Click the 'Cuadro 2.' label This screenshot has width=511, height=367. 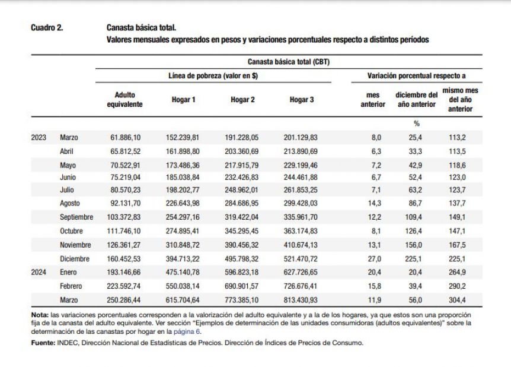47,28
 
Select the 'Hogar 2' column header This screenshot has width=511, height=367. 242,100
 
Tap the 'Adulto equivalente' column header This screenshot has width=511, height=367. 125,100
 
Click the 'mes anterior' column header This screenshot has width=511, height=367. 373,100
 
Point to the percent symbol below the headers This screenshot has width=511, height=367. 417,124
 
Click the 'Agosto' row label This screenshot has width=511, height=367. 70,203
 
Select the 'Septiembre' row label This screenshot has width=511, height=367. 76,217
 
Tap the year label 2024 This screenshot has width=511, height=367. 39,272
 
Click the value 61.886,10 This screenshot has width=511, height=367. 126,137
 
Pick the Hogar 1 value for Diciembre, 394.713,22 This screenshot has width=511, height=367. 183,259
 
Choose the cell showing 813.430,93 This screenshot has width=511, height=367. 301,300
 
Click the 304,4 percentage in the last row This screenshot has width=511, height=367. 457,300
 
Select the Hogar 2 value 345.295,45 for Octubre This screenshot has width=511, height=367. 241,231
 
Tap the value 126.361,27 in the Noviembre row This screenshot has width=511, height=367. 124,245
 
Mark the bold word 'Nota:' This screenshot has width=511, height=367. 40,315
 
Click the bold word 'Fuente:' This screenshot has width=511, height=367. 43,343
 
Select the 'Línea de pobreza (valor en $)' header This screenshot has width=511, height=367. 213,76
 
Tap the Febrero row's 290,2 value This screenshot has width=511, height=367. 457,286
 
